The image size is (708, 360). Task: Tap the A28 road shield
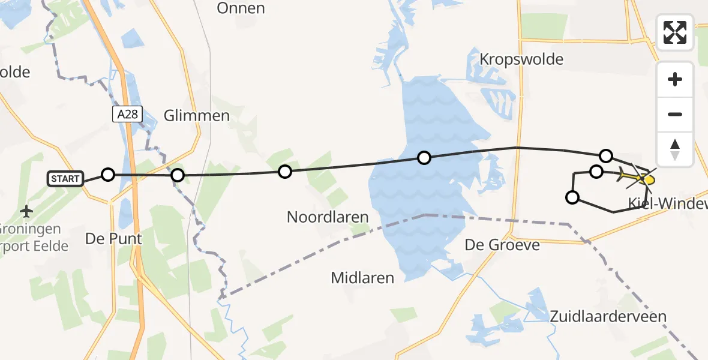point(127,114)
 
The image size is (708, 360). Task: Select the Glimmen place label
point(197,116)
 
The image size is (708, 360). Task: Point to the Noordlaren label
point(328,217)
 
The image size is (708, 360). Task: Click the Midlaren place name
point(362,278)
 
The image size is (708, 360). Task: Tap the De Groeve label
point(502,245)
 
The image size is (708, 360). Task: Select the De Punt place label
point(113,238)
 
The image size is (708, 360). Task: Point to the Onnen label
point(241,8)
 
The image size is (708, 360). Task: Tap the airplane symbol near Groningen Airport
point(26,211)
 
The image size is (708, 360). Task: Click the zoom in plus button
point(675,79)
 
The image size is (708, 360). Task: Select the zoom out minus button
point(675,114)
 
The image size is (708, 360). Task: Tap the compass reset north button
point(675,149)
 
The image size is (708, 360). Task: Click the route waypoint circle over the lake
point(424,158)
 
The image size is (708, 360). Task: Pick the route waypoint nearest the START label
point(107,175)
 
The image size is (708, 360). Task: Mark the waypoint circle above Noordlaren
point(285,172)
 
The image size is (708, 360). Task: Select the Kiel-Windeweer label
point(667,204)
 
